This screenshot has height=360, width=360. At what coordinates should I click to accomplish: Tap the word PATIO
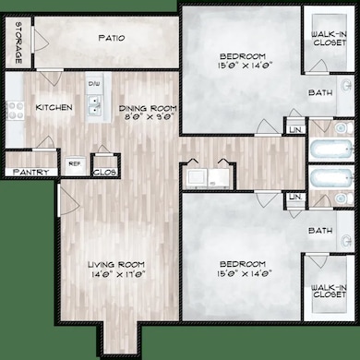(108, 39)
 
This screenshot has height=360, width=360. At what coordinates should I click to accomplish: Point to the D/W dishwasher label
(94, 83)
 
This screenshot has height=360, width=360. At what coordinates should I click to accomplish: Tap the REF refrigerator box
(74, 165)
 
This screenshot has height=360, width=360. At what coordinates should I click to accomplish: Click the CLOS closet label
(103, 171)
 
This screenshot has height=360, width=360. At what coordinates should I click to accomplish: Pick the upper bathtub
(330, 151)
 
